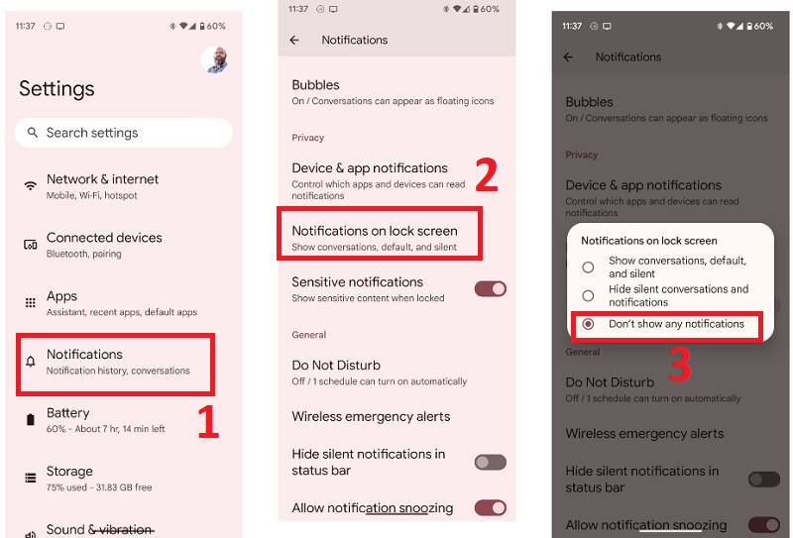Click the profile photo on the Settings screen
(215, 59)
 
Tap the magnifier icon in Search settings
(33, 133)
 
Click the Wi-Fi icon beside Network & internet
(31, 185)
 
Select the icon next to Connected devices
(31, 245)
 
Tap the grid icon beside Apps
(31, 303)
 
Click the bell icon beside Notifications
(31, 361)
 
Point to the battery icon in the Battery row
(31, 420)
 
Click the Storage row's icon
(31, 478)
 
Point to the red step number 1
(208, 421)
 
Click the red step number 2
(487, 174)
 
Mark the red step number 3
(680, 364)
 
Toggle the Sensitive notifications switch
(490, 289)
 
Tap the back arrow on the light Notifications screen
(294, 40)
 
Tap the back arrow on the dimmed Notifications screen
(568, 57)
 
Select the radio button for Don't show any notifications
(588, 324)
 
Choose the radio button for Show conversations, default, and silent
(588, 267)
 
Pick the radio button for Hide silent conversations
(588, 296)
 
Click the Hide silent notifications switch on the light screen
(490, 462)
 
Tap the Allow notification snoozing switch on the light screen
(490, 508)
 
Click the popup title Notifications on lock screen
(649, 241)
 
